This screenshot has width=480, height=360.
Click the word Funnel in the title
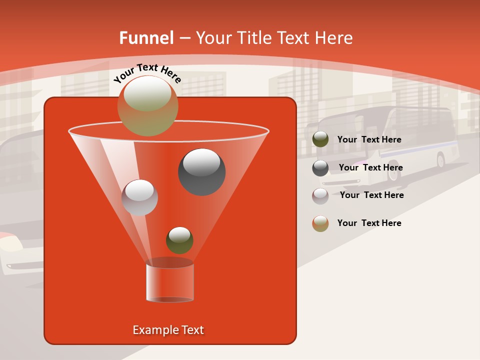pos(146,38)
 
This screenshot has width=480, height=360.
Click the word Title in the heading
pos(253,38)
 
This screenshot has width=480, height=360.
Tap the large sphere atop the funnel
pos(148,105)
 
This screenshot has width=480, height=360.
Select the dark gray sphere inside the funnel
pos(201,172)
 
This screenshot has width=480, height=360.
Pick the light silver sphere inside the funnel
pos(139,197)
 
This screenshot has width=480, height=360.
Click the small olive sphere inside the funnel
pos(179,240)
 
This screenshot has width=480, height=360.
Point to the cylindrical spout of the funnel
pos(170,282)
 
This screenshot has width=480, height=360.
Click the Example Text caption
pos(168,330)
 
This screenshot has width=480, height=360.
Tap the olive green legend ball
pos(320,139)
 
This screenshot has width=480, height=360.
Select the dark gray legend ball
pos(320,168)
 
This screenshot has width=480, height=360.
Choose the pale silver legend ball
pos(320,196)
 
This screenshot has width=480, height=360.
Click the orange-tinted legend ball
pos(320,223)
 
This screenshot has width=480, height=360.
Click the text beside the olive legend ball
pos(369,140)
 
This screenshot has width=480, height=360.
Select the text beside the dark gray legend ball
pos(370,168)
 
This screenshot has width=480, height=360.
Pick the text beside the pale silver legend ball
pos(371,195)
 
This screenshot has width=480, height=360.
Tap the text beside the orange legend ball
pos(369,223)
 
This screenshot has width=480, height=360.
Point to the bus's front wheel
pos(440,160)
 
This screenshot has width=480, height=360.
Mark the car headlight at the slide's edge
pos(11,244)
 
